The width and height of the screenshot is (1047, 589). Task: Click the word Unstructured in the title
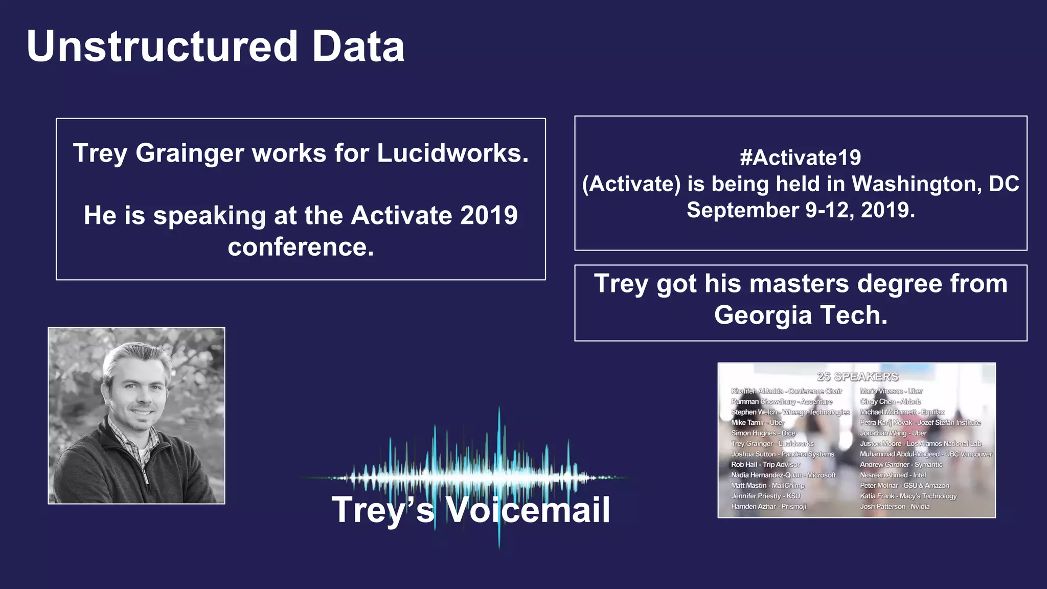click(x=162, y=47)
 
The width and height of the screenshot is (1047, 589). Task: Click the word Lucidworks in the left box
click(x=452, y=153)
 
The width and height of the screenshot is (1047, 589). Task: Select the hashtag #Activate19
click(x=800, y=157)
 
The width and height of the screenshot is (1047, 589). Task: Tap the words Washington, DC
click(x=936, y=184)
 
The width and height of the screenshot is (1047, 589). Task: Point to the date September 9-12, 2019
click(x=801, y=210)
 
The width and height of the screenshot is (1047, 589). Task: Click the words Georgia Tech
click(x=801, y=315)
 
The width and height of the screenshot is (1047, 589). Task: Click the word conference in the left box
click(x=301, y=247)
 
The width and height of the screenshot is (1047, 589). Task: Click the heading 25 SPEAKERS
click(x=857, y=377)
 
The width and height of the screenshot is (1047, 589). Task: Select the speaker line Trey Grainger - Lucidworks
click(x=772, y=444)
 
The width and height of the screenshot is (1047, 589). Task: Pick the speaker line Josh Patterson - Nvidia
click(x=894, y=507)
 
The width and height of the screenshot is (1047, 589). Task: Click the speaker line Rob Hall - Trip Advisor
click(x=765, y=465)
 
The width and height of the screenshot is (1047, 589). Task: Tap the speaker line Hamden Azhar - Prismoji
click(x=768, y=507)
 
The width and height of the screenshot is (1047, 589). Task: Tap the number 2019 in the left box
click(x=489, y=215)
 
